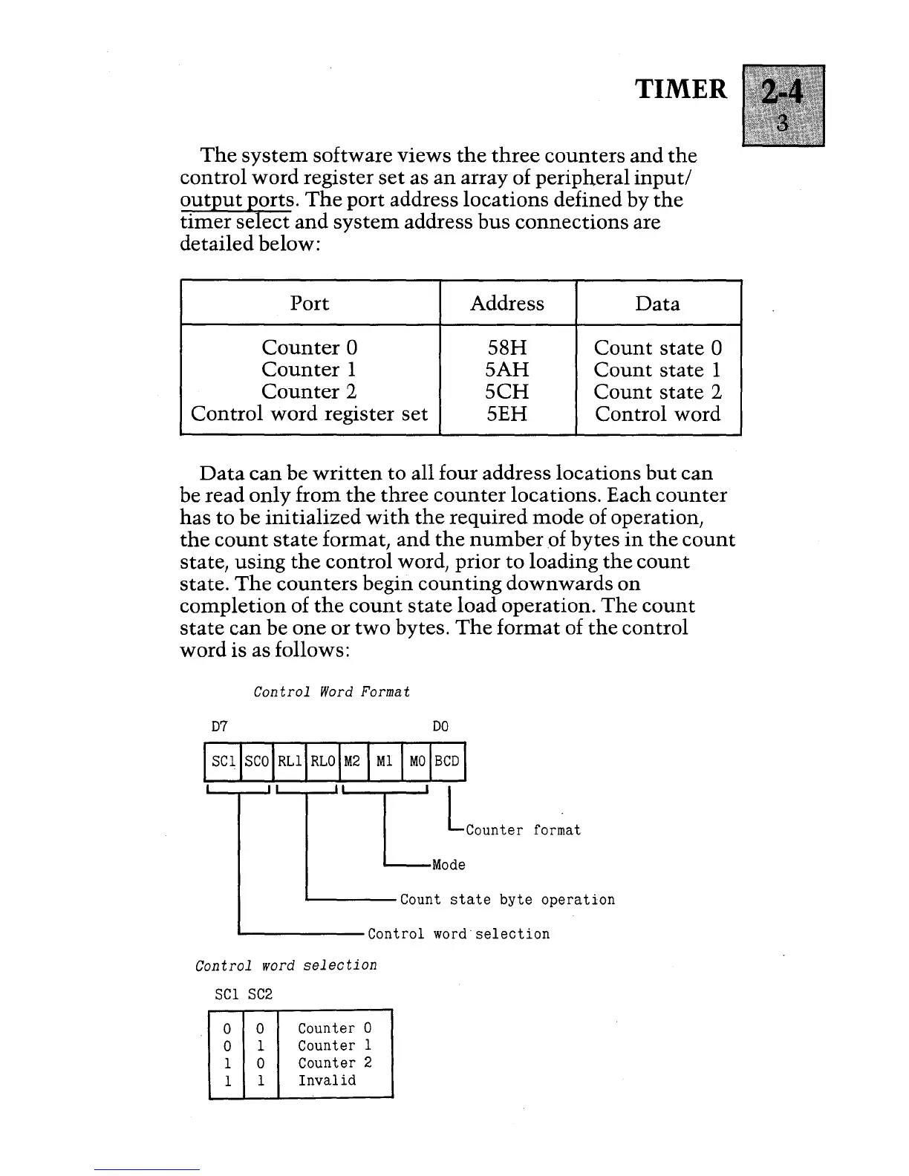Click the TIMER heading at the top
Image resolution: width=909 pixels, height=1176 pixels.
tap(682, 89)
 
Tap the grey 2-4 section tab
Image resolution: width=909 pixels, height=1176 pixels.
tap(783, 105)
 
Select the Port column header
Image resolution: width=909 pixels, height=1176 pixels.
tap(310, 303)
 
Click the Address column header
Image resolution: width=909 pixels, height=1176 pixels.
tap(507, 303)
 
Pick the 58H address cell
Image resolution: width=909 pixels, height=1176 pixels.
tap(507, 347)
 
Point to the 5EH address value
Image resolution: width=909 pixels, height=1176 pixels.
tap(507, 414)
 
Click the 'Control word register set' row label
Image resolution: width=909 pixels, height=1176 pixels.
tap(310, 414)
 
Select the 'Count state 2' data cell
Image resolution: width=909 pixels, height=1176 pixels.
tap(658, 391)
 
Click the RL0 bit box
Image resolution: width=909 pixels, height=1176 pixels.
tap(322, 761)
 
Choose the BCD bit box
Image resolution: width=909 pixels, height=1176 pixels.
tap(447, 761)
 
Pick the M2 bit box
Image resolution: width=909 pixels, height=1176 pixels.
tap(353, 761)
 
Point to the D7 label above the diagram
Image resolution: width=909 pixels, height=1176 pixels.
tap(221, 727)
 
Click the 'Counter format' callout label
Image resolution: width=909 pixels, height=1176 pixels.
tap(523, 830)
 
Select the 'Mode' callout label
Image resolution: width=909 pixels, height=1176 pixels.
tap(449, 865)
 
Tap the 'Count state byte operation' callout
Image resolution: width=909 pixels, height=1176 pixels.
tap(507, 900)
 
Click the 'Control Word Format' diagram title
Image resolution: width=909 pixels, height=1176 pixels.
tap(331, 692)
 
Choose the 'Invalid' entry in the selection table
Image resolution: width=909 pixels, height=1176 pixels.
tap(327, 1080)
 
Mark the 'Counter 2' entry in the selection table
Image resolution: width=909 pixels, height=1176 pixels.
tap(334, 1062)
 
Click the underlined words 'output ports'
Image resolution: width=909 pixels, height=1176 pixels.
tap(238, 200)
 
